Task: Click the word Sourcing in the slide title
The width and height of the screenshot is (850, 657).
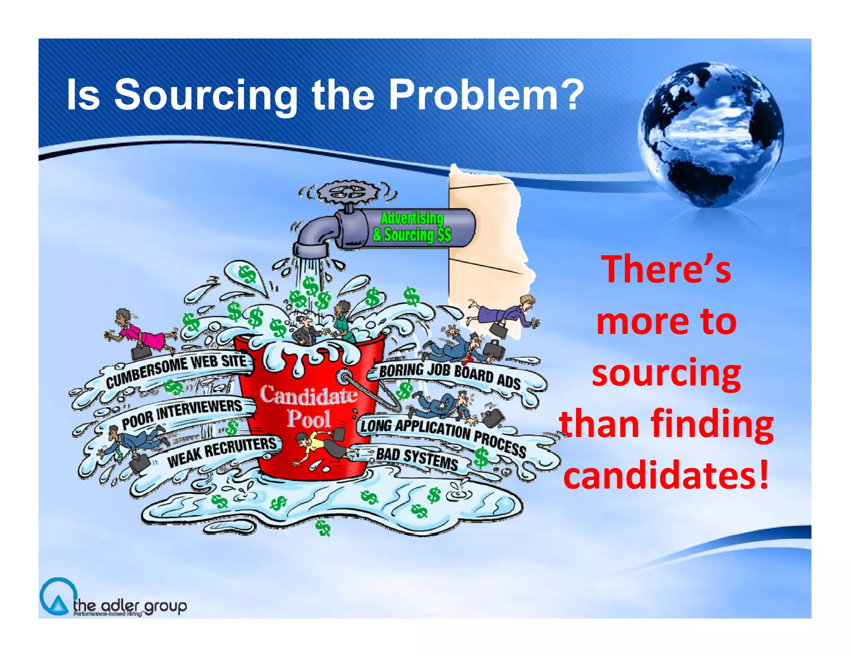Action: pos(206,96)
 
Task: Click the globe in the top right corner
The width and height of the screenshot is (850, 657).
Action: pos(711,134)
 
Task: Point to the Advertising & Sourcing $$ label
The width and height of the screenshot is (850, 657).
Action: pos(412,227)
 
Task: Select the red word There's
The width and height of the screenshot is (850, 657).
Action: pos(666,270)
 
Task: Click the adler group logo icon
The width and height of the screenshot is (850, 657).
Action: pos(58,597)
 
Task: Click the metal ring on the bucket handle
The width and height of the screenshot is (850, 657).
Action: pos(344,378)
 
